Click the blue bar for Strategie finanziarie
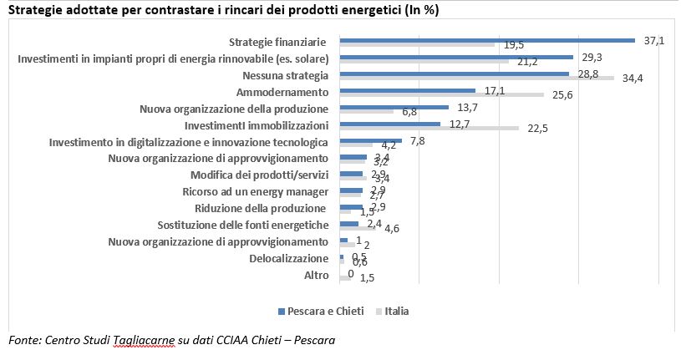[x=487, y=40]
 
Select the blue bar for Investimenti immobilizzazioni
[x=389, y=124]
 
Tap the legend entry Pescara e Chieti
[x=320, y=312]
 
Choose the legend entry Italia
[x=396, y=312]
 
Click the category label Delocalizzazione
[x=289, y=259]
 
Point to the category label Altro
[x=316, y=276]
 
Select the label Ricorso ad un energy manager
[x=255, y=192]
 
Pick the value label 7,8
[x=418, y=140]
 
